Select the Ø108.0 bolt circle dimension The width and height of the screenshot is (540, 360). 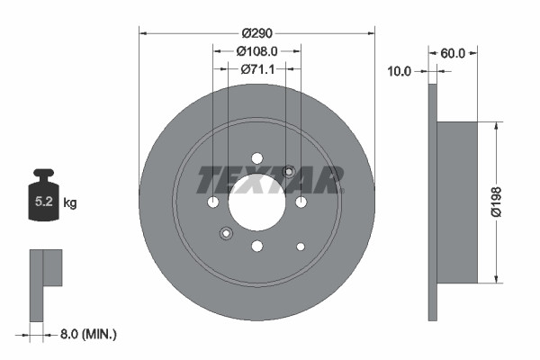(256, 52)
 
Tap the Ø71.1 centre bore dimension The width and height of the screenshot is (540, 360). (256, 69)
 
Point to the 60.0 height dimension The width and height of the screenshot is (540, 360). (453, 53)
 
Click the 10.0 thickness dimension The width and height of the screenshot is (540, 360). (399, 70)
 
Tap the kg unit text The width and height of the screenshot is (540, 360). (70, 203)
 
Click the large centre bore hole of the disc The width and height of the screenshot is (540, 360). (256, 201)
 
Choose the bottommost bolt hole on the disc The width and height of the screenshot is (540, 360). (256, 246)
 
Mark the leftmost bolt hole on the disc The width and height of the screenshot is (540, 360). (213, 202)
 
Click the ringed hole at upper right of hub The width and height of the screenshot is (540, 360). (288, 171)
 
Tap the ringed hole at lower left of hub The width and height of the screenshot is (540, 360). (226, 234)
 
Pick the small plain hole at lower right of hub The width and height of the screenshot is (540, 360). (301, 246)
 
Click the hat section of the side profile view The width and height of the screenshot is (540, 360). (456, 203)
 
